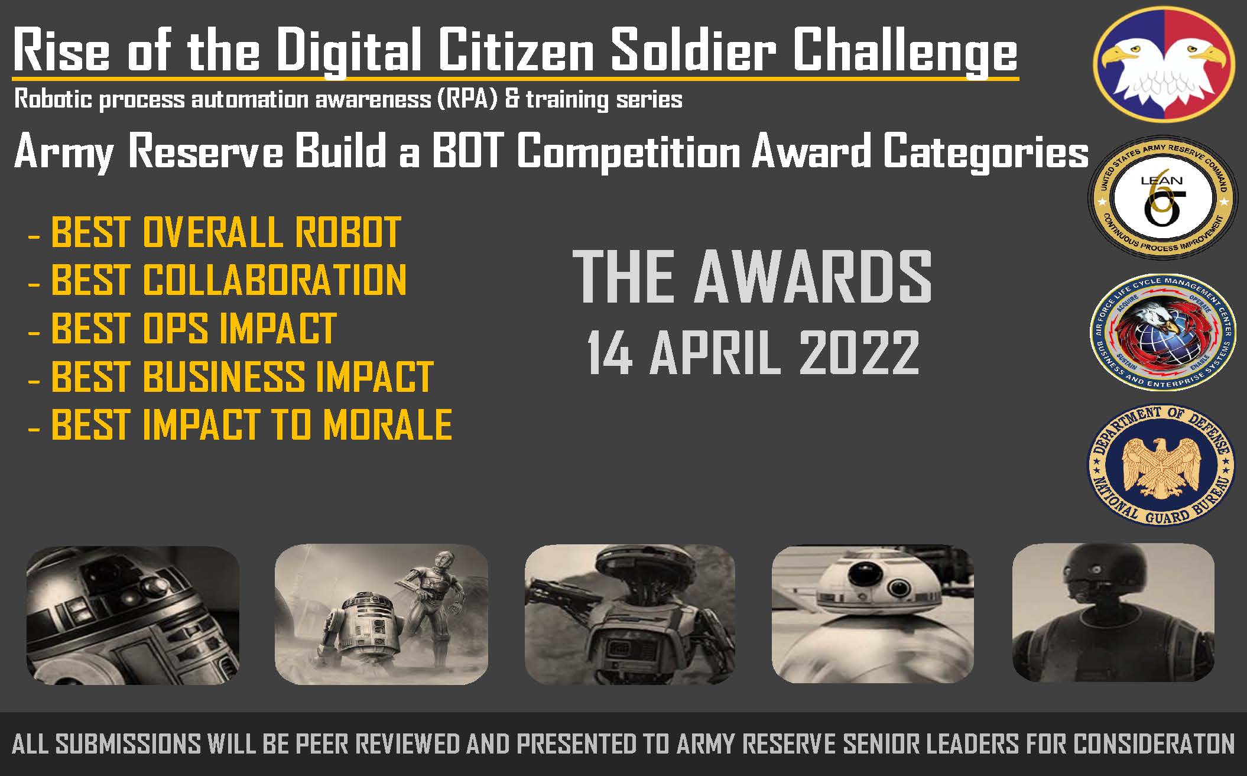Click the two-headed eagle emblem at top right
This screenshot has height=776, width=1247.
coord(1164,64)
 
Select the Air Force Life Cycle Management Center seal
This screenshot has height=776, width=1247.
coord(1162,332)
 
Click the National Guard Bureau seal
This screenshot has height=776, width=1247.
coord(1162,465)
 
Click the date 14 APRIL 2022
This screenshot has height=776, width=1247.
coord(753,353)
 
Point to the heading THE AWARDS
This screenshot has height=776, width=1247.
coord(752,276)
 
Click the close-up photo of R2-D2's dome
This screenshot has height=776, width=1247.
coord(133,615)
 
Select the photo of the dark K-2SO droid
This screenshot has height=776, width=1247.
coord(1113,612)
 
